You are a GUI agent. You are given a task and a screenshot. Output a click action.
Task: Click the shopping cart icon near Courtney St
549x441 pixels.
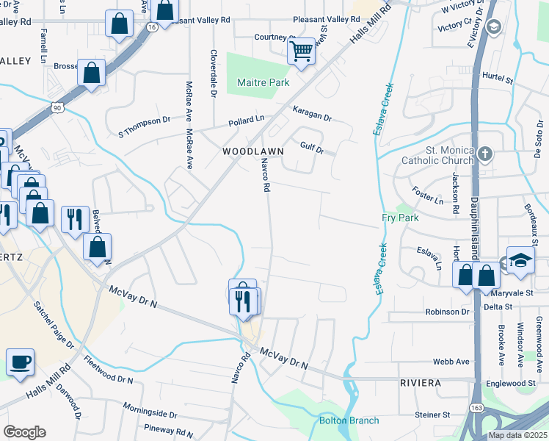click(x=301, y=51)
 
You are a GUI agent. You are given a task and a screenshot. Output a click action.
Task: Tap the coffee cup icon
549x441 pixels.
click(x=21, y=362)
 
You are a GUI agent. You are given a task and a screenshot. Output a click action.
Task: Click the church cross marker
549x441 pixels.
click(x=484, y=154)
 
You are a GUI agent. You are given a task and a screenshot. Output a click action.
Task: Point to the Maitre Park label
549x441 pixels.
click(x=263, y=83)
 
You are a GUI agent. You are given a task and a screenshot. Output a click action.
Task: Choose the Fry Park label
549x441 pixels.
click(x=400, y=218)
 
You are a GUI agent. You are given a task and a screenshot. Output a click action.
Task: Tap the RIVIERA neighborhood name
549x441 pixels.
click(x=421, y=384)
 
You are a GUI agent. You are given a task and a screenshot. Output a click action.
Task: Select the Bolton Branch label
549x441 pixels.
click(x=349, y=420)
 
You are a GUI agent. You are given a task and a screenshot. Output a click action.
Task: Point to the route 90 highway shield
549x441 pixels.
click(x=57, y=107)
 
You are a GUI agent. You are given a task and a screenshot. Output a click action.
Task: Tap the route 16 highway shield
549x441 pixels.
click(x=151, y=26)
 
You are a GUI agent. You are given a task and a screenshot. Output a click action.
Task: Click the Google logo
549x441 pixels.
click(x=24, y=432)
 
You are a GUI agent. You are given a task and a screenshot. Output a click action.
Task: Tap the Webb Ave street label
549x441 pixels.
click(x=451, y=362)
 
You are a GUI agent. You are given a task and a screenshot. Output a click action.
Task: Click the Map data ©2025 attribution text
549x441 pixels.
click(x=517, y=435)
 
